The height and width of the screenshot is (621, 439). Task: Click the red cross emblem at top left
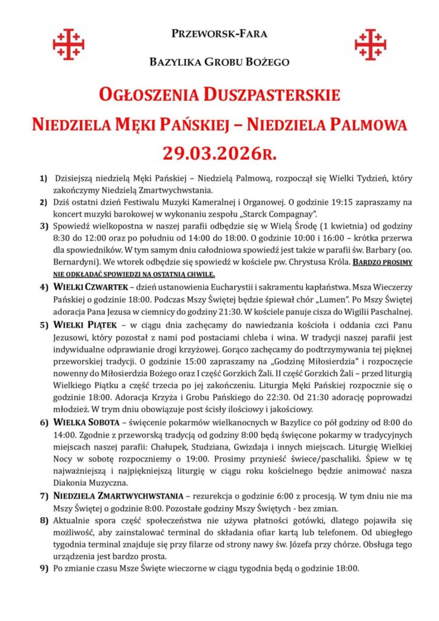pos(69,43)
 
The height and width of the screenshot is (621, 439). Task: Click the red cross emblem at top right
pos(370,43)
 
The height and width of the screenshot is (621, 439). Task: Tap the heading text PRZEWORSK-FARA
pos(219,34)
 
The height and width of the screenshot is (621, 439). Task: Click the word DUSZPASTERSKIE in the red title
pos(272,96)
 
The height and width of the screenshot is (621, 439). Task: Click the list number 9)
pos(44,569)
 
